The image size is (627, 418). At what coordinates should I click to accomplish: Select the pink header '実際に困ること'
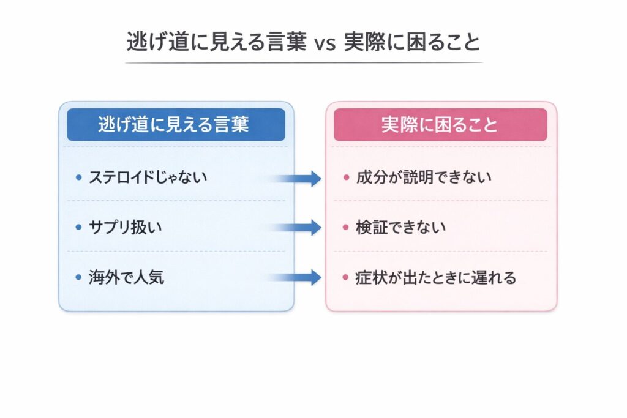pos(440,125)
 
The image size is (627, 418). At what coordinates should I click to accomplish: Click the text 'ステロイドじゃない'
pos(148,177)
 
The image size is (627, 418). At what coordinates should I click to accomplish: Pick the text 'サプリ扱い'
pos(127,228)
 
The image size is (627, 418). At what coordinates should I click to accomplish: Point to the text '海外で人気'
pos(127,277)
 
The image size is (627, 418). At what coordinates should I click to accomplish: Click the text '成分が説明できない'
pos(424,177)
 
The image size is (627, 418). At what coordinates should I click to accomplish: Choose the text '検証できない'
pos(401,228)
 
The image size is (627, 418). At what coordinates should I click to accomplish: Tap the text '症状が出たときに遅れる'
pos(436,277)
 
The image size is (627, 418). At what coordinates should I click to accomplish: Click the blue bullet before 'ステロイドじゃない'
pos(78,178)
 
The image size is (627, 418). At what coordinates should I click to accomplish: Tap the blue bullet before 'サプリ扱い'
pos(78,228)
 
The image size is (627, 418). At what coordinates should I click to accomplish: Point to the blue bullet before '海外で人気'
pos(78,278)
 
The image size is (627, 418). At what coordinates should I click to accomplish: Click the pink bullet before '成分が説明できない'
pos(346,178)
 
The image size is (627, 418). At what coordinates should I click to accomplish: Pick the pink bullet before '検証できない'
pos(346,228)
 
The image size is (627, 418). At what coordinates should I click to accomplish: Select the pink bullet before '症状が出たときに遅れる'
pos(346,278)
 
